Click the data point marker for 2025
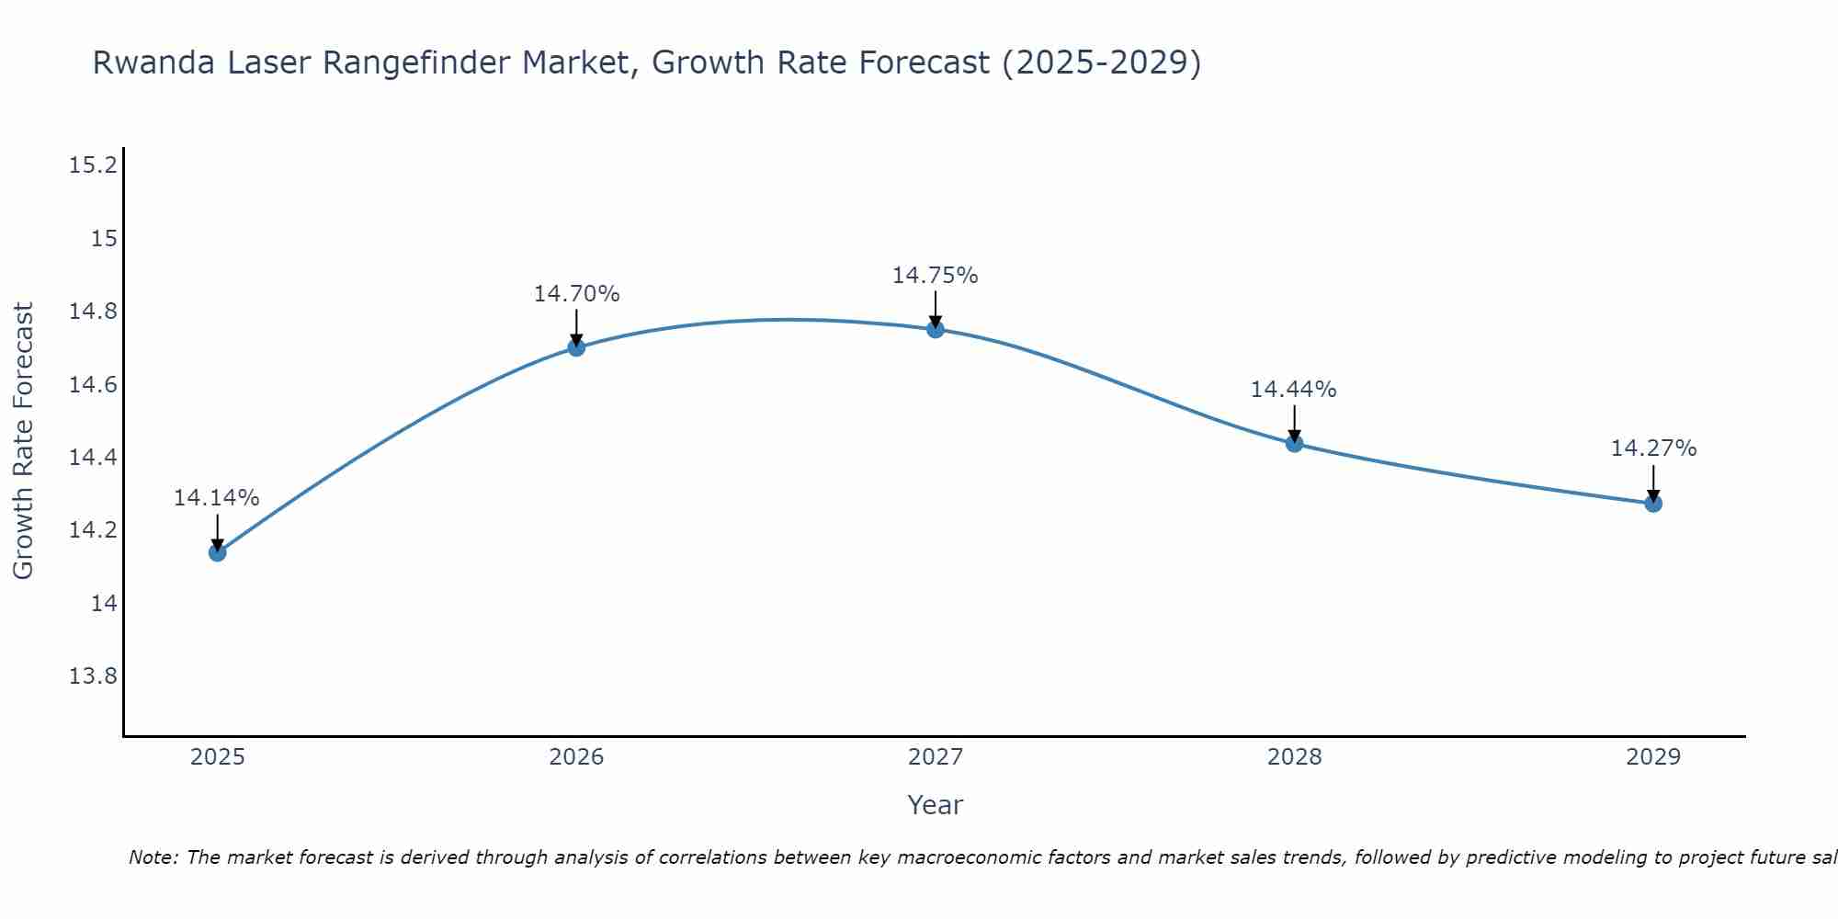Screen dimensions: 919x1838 tap(217, 552)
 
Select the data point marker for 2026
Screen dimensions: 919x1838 tap(576, 347)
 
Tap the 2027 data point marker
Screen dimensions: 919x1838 tap(936, 329)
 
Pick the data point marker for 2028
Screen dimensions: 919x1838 tap(1294, 444)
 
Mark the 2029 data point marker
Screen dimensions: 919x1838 tap(1653, 504)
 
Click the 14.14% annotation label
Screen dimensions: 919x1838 tap(217, 498)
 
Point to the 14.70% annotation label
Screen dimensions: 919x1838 tap(576, 294)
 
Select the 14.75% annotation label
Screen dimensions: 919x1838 tap(936, 276)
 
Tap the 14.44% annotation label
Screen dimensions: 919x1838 tap(1294, 390)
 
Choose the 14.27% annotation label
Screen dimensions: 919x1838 tap(1653, 448)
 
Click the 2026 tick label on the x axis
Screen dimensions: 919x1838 tap(576, 757)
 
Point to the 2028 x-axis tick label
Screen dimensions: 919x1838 tap(1294, 757)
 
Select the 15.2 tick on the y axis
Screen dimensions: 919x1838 tap(93, 165)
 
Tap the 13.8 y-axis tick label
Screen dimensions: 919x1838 tap(93, 676)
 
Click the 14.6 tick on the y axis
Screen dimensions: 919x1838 tap(93, 384)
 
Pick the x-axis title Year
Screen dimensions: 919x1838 tap(935, 805)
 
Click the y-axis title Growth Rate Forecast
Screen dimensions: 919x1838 tap(24, 441)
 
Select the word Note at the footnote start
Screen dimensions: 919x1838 tap(153, 857)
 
